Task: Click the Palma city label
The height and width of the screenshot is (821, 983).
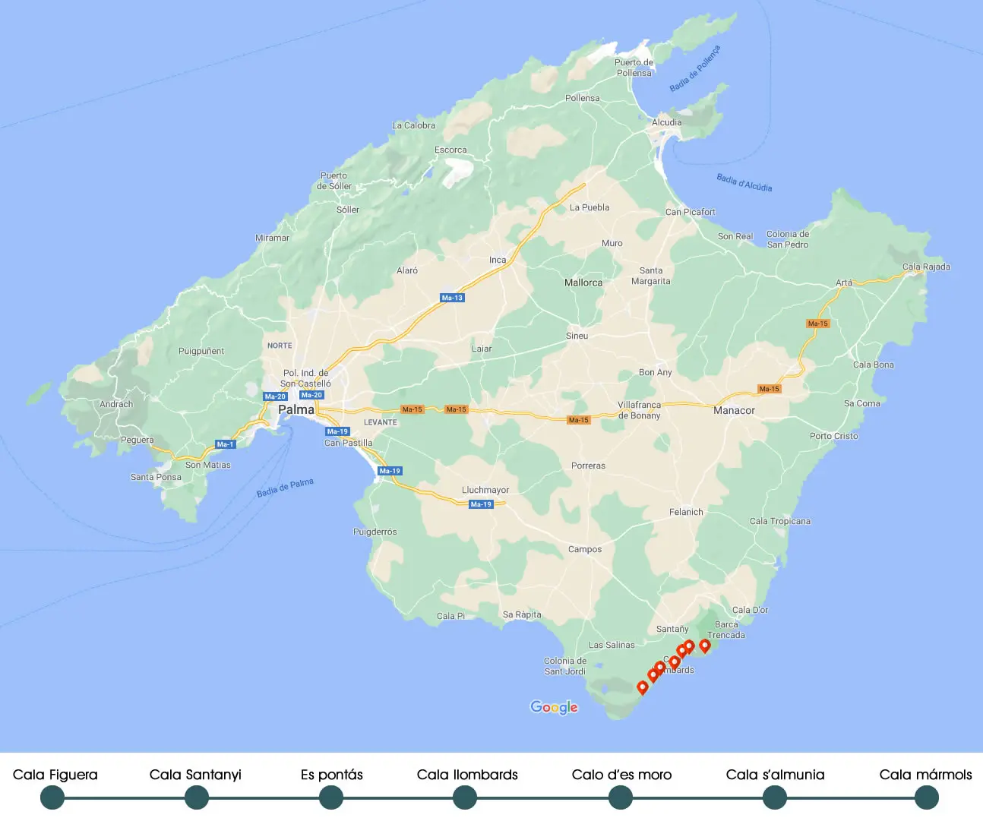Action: [296, 409]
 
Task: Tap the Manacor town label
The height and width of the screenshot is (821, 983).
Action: [734, 410]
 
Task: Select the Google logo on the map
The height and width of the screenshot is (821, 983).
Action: [554, 707]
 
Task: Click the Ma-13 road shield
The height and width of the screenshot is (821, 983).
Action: [452, 298]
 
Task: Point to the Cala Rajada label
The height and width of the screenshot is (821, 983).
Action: [926, 267]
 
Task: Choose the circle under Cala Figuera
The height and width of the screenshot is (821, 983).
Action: [52, 797]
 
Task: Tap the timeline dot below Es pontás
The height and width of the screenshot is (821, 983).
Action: [331, 797]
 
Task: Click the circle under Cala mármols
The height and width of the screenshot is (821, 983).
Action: [926, 797]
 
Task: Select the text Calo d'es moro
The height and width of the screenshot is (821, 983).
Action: [621, 775]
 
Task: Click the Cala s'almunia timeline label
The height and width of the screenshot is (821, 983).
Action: [775, 775]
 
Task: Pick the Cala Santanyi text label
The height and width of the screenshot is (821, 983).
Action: [195, 775]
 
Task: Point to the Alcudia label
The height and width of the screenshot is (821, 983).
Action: [666, 122]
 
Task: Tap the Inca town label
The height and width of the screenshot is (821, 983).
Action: [498, 260]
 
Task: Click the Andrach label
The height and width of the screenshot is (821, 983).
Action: [116, 404]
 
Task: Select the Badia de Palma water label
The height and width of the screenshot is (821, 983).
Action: [285, 487]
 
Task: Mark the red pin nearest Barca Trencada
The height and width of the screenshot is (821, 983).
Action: [705, 646]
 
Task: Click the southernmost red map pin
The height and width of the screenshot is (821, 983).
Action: [643, 687]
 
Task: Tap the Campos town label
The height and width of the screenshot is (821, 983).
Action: [585, 549]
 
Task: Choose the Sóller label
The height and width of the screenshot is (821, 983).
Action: [348, 210]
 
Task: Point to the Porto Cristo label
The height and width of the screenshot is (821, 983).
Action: [833, 436]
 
